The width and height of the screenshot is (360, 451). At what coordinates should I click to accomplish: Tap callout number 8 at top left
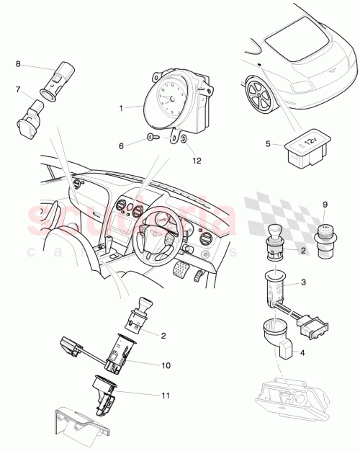coord(18,64)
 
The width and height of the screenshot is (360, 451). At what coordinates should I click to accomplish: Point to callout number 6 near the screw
coord(122,146)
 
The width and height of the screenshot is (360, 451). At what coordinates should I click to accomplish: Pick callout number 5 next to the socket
coord(267,144)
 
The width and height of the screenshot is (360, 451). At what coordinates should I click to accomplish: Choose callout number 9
coord(324,204)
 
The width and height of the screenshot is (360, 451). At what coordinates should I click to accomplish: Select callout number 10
coord(166,365)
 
